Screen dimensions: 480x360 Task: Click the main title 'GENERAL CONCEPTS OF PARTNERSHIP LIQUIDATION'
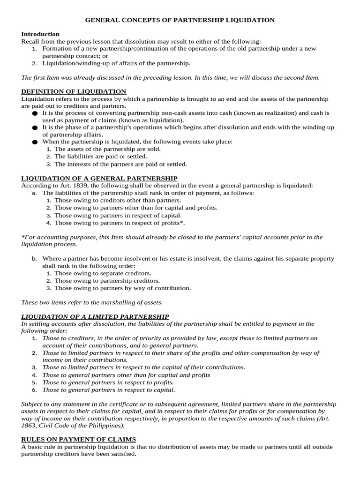tap(180, 20)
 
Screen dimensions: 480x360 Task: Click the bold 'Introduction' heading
tap(40, 34)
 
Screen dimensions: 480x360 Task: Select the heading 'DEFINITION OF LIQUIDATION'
tap(74, 91)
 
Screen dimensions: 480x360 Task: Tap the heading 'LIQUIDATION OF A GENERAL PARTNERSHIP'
tap(99, 178)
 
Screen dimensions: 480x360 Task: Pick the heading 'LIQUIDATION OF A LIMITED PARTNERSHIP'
tap(95, 316)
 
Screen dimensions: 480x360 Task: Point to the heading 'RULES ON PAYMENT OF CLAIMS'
tap(79, 439)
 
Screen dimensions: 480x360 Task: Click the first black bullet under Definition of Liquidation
tap(34, 113)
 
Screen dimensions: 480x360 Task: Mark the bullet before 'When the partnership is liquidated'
tap(34, 142)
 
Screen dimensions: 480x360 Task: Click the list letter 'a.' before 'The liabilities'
tap(34, 193)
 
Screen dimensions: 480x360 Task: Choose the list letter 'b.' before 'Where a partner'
tap(34, 258)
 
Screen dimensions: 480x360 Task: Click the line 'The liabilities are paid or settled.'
tap(101, 157)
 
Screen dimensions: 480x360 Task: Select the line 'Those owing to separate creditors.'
tap(103, 273)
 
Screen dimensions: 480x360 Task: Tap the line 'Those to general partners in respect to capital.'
tap(108, 390)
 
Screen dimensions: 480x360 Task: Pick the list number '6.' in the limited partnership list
tap(34, 390)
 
